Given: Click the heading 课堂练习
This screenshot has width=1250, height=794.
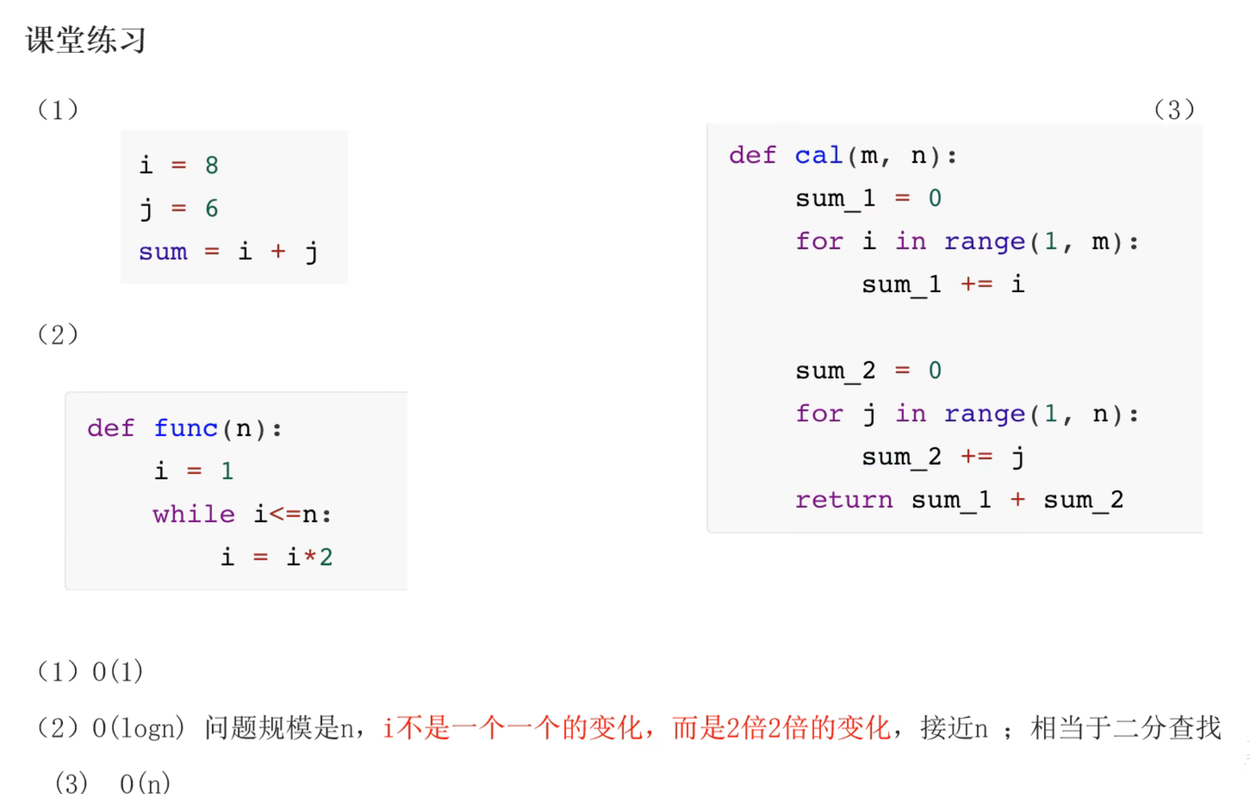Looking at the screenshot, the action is pos(85,40).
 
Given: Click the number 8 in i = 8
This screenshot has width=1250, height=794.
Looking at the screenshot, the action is pos(211,166).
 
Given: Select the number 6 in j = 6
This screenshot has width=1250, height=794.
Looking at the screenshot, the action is pos(211,208).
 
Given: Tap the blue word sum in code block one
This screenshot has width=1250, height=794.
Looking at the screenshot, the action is pos(163,252).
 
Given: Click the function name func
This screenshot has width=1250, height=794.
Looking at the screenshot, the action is pos(186,428).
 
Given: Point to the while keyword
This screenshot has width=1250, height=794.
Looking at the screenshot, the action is pos(193,515).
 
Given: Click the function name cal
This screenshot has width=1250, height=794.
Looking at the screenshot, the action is pos(818,156).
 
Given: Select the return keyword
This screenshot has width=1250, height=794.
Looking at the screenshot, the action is pos(843,500).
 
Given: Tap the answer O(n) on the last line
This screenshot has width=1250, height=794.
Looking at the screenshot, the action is pos(145,783).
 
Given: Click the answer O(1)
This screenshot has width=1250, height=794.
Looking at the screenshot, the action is pos(117,672).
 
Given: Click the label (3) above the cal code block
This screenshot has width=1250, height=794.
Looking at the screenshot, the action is pos(1174,109).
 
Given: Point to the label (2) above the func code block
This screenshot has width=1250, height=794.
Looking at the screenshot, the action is pos(58,334).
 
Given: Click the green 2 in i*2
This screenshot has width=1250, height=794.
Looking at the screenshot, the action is pos(326,557).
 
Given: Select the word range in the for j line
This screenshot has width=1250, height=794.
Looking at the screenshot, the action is pos(984,414).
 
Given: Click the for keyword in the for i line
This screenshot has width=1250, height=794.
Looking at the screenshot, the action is pos(819,242).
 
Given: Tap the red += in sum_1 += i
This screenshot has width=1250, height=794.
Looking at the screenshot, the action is pos(976,284).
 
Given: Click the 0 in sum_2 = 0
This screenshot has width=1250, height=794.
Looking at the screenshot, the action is pos(934,370).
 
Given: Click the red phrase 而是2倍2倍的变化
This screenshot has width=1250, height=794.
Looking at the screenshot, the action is pos(781,728).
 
